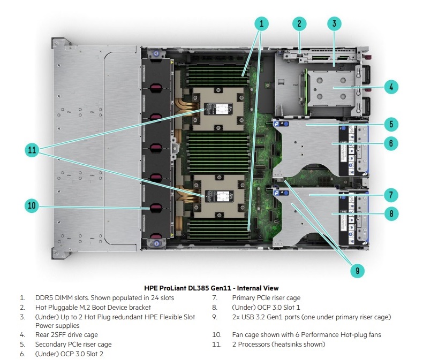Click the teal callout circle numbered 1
click(261, 23)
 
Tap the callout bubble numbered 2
click(299, 23)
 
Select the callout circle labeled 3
click(334, 23)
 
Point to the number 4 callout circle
click(391, 86)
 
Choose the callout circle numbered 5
click(391, 124)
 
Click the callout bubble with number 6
click(391, 143)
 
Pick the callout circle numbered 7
click(391, 194)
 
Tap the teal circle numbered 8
click(391, 213)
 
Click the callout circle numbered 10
click(32, 205)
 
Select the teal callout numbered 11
click(32, 151)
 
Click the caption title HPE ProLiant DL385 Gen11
click(211, 288)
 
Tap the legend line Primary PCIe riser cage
click(266, 298)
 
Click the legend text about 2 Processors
click(278, 344)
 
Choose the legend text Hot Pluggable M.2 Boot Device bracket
click(93, 308)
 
